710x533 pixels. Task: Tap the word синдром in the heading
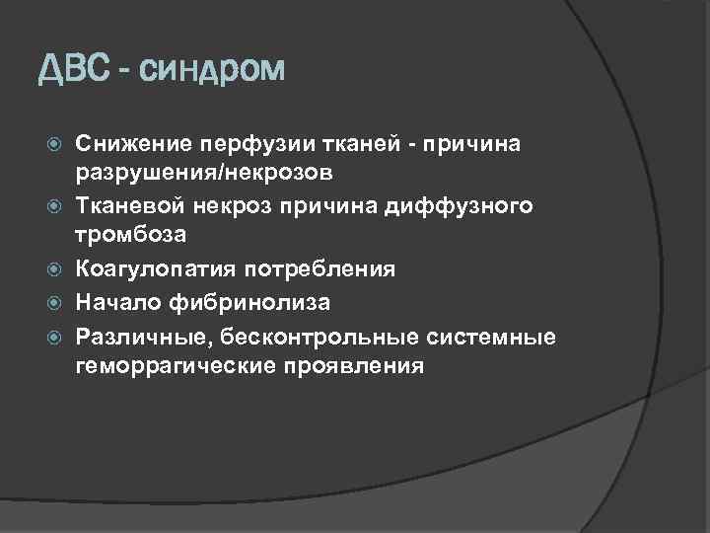pyautogui.click(x=212, y=72)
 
